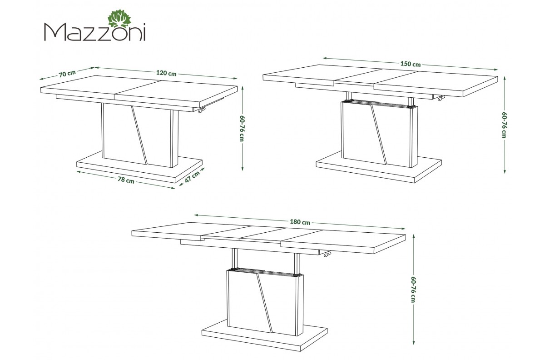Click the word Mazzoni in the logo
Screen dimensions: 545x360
click(94, 32)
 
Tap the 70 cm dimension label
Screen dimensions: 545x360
click(67, 73)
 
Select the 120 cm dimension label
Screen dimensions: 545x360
click(166, 73)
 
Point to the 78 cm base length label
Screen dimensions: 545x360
click(126, 180)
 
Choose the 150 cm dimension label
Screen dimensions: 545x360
click(411, 64)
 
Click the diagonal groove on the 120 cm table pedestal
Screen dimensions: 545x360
click(139, 135)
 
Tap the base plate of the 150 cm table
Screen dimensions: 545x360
click(379, 167)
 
